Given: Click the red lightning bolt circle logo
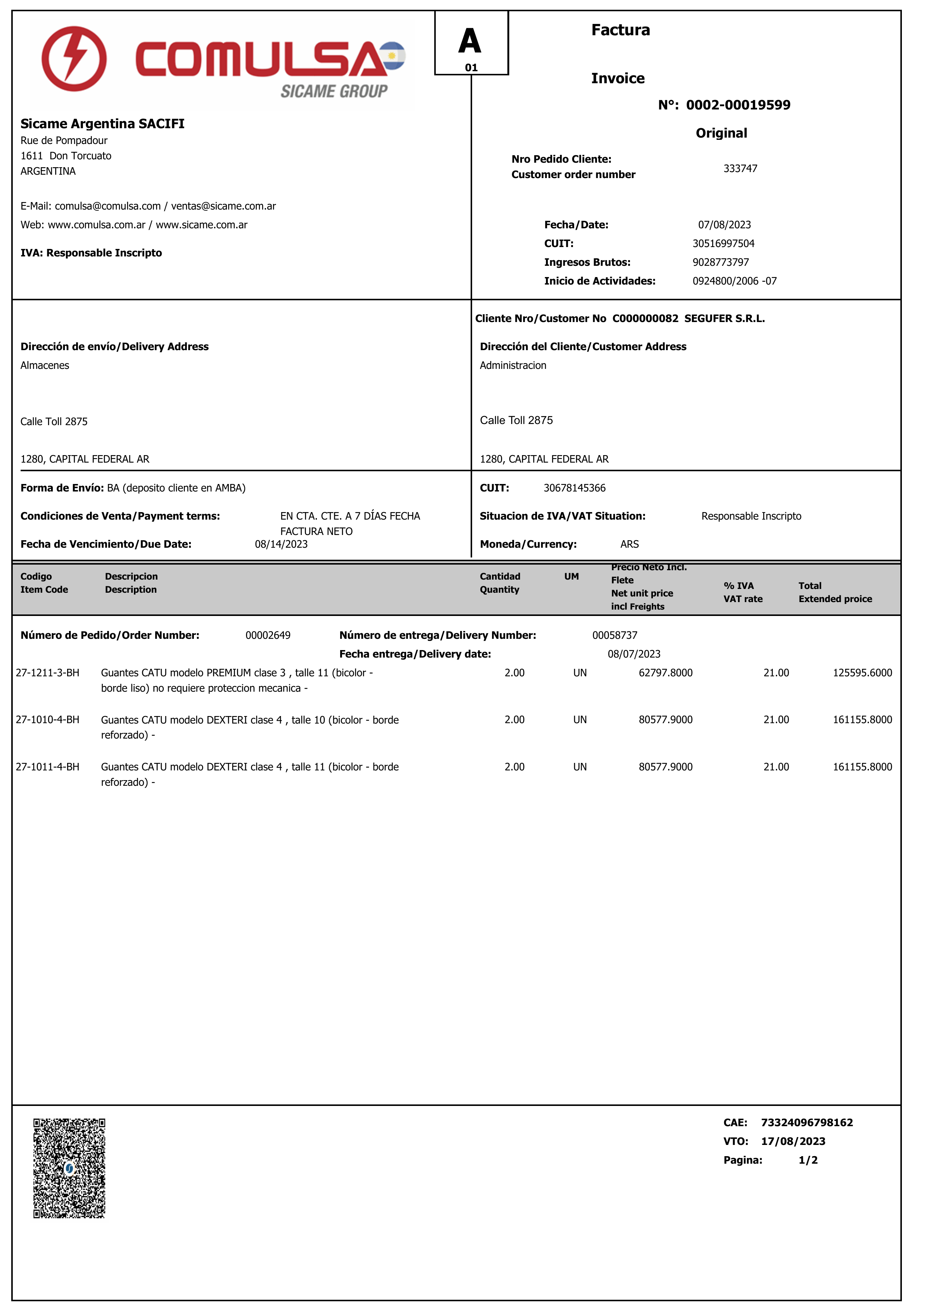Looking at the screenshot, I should [74, 58].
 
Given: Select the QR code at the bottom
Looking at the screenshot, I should [69, 1168].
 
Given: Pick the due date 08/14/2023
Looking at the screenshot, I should [281, 544].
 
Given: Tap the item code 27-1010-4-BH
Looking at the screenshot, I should [48, 720].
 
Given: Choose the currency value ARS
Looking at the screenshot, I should [629, 544].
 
